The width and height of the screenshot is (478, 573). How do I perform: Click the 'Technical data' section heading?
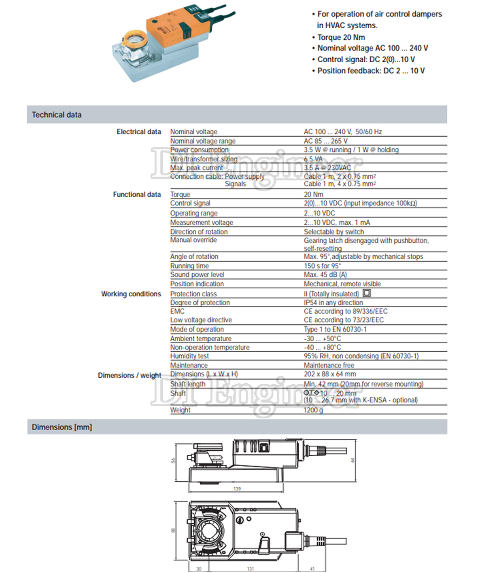click(x=57, y=115)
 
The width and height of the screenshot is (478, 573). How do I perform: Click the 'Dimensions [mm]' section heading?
click(x=62, y=427)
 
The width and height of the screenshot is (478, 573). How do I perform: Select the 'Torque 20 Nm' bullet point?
click(x=341, y=37)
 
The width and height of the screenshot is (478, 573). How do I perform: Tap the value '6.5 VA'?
click(x=313, y=159)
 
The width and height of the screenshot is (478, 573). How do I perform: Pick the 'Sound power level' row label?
click(x=197, y=275)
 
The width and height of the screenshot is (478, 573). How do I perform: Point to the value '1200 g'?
click(x=314, y=410)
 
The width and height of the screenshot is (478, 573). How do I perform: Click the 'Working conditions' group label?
click(x=131, y=294)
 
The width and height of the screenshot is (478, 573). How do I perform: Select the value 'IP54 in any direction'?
click(x=334, y=302)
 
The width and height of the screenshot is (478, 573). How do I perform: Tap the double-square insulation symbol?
click(x=367, y=293)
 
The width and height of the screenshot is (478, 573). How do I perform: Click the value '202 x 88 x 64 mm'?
click(x=330, y=374)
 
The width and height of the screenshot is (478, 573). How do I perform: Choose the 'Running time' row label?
click(x=189, y=266)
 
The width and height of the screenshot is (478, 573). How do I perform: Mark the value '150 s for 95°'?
click(x=323, y=266)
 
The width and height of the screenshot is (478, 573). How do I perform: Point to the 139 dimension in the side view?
click(x=237, y=489)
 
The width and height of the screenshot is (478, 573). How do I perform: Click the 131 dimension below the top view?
click(x=251, y=569)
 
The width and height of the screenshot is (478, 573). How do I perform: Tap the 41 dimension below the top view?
click(x=312, y=569)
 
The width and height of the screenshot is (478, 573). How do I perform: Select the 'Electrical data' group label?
click(x=139, y=132)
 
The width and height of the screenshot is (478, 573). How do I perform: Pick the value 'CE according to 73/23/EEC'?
click(x=344, y=320)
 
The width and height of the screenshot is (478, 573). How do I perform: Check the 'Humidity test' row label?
click(x=189, y=356)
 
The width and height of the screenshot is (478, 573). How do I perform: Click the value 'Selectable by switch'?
click(x=334, y=232)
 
